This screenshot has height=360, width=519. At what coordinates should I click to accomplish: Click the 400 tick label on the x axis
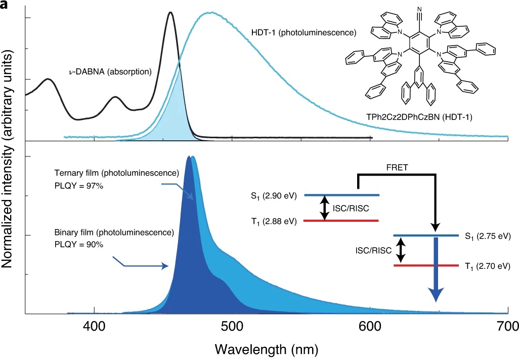(x=94, y=327)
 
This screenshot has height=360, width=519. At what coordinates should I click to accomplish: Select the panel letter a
(x=5, y=5)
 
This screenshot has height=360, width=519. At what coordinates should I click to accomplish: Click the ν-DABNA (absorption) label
(x=110, y=71)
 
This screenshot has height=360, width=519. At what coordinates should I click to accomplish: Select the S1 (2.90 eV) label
(x=274, y=195)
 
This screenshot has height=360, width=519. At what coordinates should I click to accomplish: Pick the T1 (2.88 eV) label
(x=274, y=221)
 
